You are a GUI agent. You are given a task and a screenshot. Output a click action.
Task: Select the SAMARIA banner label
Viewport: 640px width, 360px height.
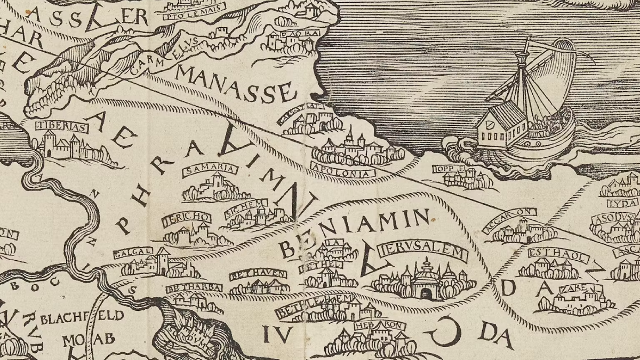[210, 170]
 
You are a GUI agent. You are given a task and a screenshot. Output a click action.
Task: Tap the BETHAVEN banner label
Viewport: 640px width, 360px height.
[258, 275]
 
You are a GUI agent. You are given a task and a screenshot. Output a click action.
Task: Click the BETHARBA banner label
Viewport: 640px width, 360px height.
[194, 288]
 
